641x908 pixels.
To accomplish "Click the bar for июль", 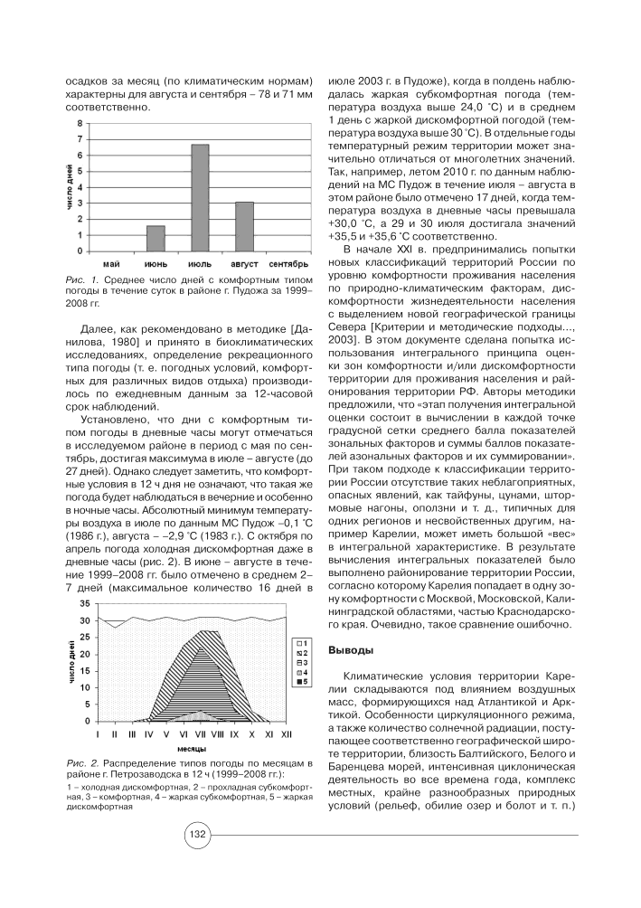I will point(200,197).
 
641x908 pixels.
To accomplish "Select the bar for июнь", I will point(156,238).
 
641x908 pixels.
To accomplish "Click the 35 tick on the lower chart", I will point(84,602).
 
